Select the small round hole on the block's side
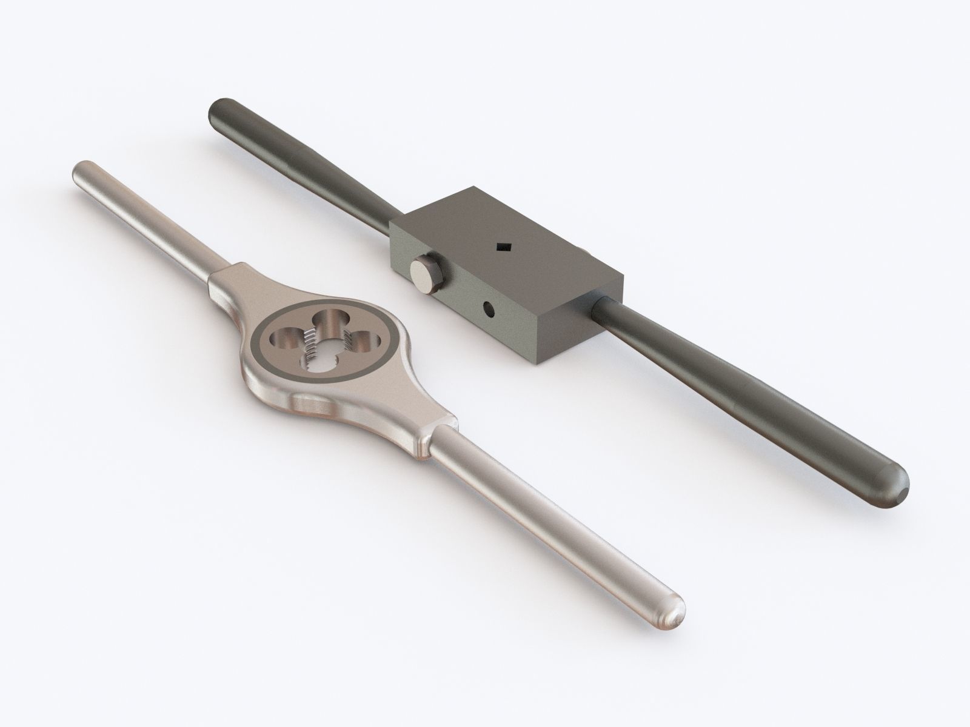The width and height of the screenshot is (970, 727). point(488,310)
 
